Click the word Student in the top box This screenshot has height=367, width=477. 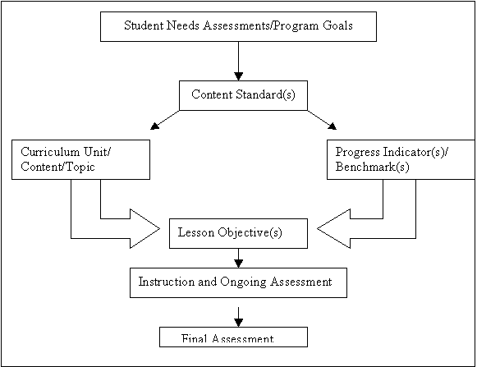click(x=144, y=25)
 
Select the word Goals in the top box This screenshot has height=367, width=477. click(x=337, y=25)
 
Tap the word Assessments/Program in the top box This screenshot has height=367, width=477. click(x=261, y=26)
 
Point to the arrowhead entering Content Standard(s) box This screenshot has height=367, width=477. click(x=238, y=76)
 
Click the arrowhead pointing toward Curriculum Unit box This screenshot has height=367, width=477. click(x=155, y=126)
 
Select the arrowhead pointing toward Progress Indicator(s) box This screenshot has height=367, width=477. click(x=333, y=126)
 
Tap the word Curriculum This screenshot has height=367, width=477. click(x=50, y=152)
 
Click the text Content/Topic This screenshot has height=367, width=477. click(x=57, y=167)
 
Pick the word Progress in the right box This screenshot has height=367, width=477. click(x=357, y=152)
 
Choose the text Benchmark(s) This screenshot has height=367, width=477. click(x=373, y=167)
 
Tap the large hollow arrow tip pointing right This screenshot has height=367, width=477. click(x=160, y=228)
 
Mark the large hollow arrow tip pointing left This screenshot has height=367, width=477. click(x=317, y=228)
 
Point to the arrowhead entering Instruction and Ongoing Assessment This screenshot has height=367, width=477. click(x=238, y=264)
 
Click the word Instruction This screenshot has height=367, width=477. click(x=167, y=282)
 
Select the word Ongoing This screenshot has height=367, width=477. click(x=243, y=282)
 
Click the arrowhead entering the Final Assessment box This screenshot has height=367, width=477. click(x=238, y=323)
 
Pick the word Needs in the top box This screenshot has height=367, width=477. click(x=183, y=25)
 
